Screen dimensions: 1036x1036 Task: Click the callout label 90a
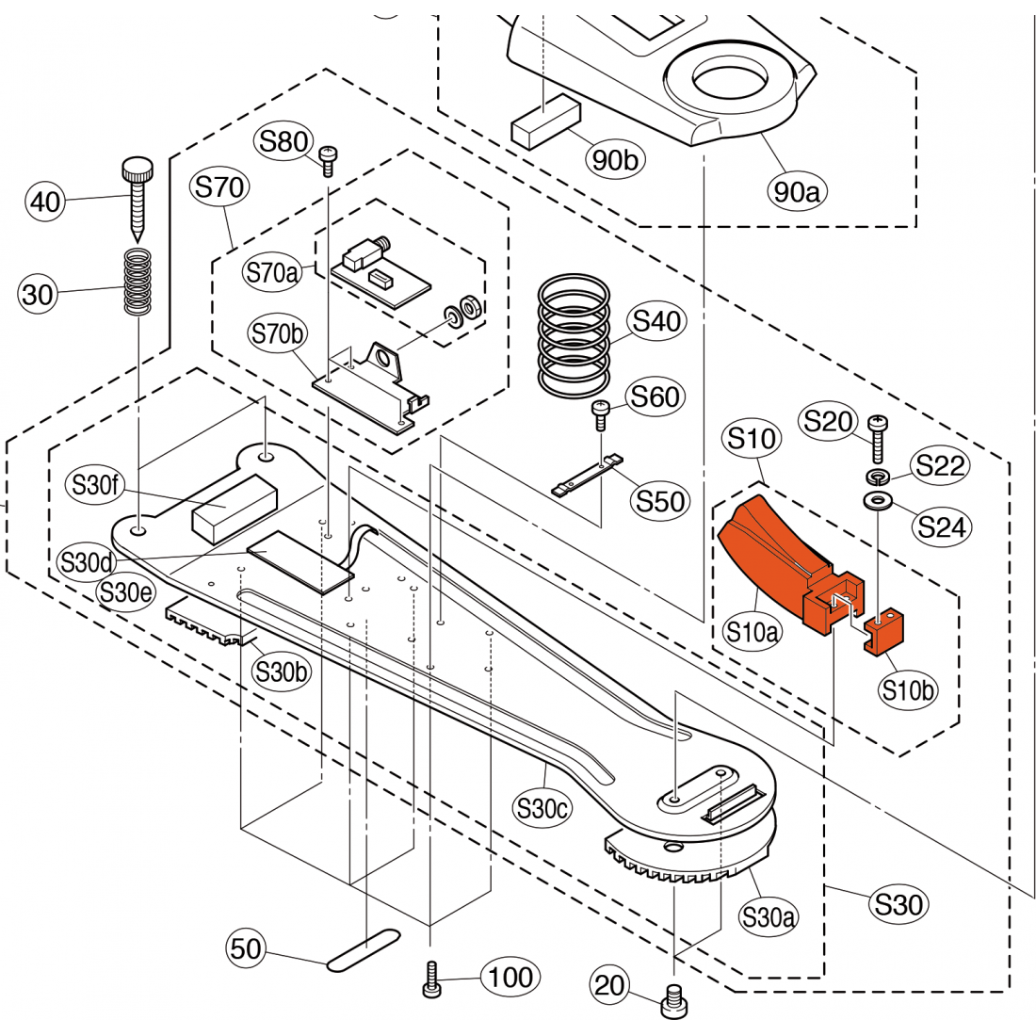(797, 192)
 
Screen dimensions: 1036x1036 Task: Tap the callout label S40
(657, 321)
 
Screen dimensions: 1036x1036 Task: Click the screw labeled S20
(877, 437)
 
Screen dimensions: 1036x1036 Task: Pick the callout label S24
(943, 526)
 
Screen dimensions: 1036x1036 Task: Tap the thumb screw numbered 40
(136, 201)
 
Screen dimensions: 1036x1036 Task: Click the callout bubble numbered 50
(246, 947)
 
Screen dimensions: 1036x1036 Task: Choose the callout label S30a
(769, 916)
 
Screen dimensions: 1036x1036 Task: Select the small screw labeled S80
(329, 161)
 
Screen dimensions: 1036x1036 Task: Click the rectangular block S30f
(234, 508)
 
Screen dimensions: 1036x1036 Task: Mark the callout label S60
(656, 397)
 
